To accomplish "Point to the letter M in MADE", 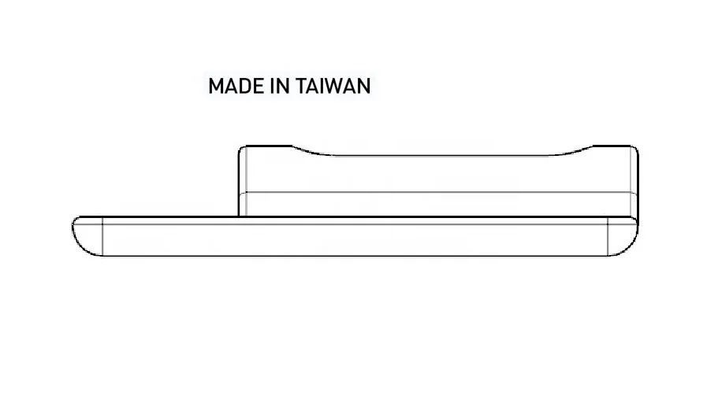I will (x=217, y=87).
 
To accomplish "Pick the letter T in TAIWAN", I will (x=303, y=87).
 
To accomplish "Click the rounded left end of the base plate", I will (x=84, y=236).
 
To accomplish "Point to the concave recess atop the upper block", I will (x=441, y=155).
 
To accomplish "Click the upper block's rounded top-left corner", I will (x=243, y=150).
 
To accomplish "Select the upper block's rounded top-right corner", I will (x=634, y=150).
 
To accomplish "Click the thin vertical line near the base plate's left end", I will (x=103, y=236).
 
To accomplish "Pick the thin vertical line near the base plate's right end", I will (x=608, y=236).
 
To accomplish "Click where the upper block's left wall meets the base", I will (x=240, y=216).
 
